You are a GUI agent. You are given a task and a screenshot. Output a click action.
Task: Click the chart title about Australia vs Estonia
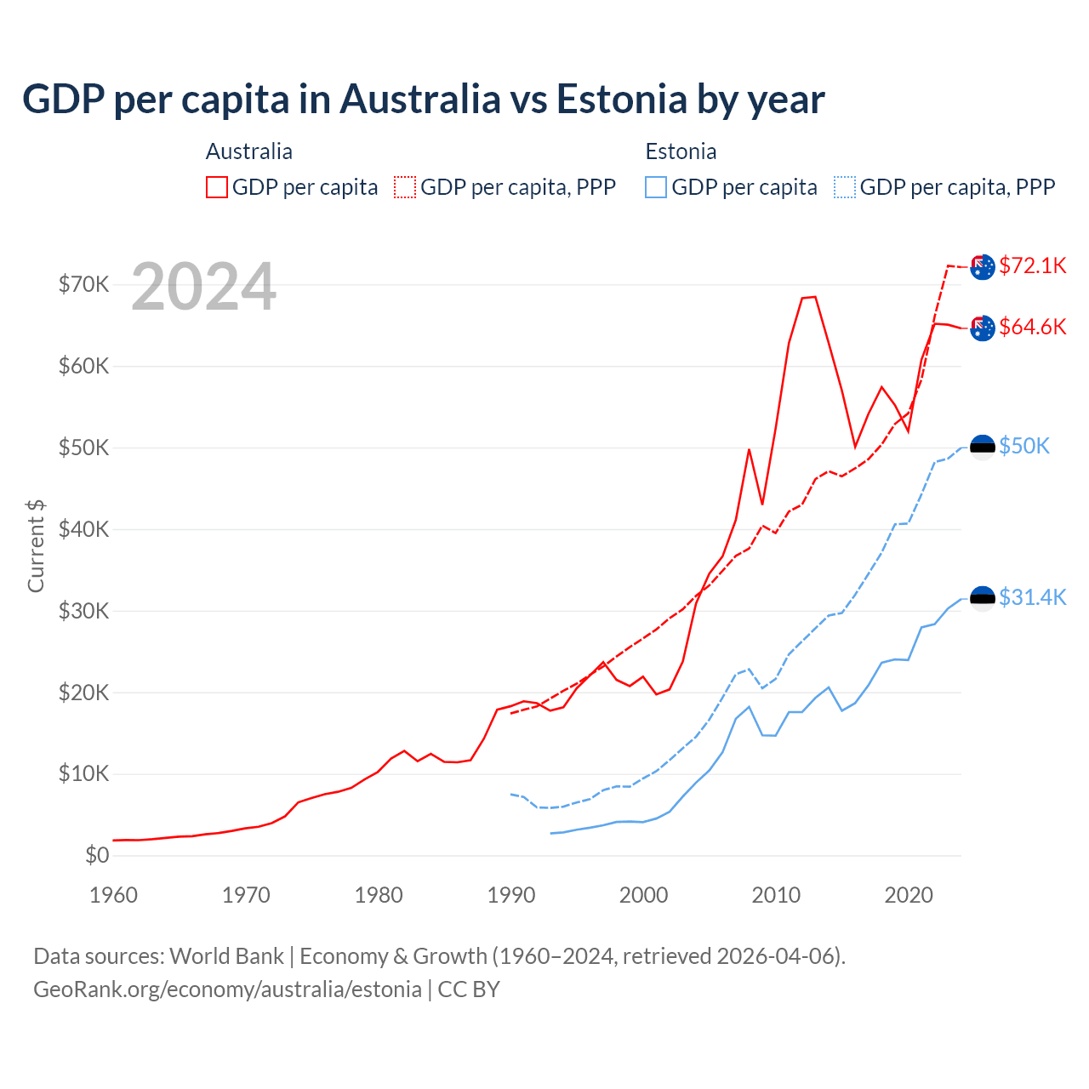click(423, 100)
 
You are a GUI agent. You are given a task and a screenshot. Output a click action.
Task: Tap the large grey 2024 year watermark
click(203, 287)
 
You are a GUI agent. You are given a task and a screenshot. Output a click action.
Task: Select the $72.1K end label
click(1032, 265)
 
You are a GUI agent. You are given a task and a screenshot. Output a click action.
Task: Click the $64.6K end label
click(1032, 327)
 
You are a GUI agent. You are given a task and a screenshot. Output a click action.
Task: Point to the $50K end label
click(1024, 446)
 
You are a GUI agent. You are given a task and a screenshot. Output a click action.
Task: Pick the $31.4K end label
click(1032, 597)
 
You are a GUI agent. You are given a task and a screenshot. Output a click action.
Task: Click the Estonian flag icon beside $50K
click(983, 447)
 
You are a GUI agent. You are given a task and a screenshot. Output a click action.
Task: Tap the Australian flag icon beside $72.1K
click(983, 266)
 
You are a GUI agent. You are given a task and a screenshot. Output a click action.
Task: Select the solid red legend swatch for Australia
click(217, 187)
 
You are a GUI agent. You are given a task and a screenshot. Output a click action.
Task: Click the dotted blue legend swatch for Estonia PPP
click(845, 187)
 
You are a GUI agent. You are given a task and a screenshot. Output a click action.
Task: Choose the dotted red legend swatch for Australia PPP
click(405, 187)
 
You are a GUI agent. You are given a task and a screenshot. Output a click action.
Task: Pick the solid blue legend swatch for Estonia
click(656, 187)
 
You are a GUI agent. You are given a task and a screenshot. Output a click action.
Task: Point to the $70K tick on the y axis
click(83, 284)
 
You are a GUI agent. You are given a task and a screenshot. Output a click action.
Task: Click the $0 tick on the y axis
click(97, 855)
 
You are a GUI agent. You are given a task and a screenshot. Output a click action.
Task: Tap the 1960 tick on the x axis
click(113, 895)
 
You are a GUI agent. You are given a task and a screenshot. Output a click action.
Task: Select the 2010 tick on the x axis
click(776, 895)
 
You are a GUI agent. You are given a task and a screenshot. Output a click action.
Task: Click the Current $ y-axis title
click(36, 545)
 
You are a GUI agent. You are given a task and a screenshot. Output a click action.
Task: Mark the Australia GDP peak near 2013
click(814, 297)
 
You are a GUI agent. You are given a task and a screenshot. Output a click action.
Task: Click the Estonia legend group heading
click(681, 151)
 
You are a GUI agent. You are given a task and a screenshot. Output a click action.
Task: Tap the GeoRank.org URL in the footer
click(227, 989)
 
